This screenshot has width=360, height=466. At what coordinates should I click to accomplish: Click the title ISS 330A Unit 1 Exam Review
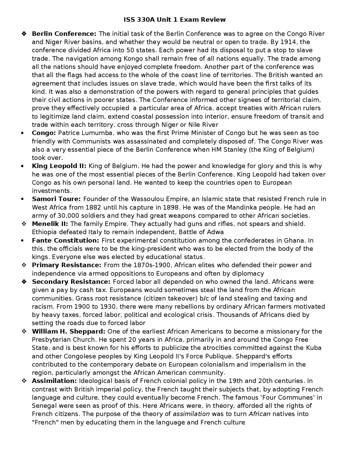point(174,19)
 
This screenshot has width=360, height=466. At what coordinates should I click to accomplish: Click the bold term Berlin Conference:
point(64,34)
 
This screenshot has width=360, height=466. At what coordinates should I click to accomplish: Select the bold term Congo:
point(44,133)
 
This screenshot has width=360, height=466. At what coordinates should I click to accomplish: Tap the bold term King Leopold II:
point(59,166)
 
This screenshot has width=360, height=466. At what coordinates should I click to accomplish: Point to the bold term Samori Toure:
point(56,199)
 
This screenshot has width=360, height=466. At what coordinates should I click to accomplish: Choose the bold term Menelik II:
point(50,224)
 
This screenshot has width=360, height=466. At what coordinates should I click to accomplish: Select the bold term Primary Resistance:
point(66,265)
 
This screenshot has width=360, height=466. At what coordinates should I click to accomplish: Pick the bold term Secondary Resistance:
point(71,282)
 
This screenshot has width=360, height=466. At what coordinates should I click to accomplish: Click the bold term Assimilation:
point(54,381)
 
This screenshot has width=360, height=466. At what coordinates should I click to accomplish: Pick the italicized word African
point(259,414)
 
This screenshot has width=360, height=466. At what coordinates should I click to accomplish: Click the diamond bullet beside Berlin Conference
point(24,34)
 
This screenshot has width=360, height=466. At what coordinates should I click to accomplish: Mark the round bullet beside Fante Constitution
point(22,241)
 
